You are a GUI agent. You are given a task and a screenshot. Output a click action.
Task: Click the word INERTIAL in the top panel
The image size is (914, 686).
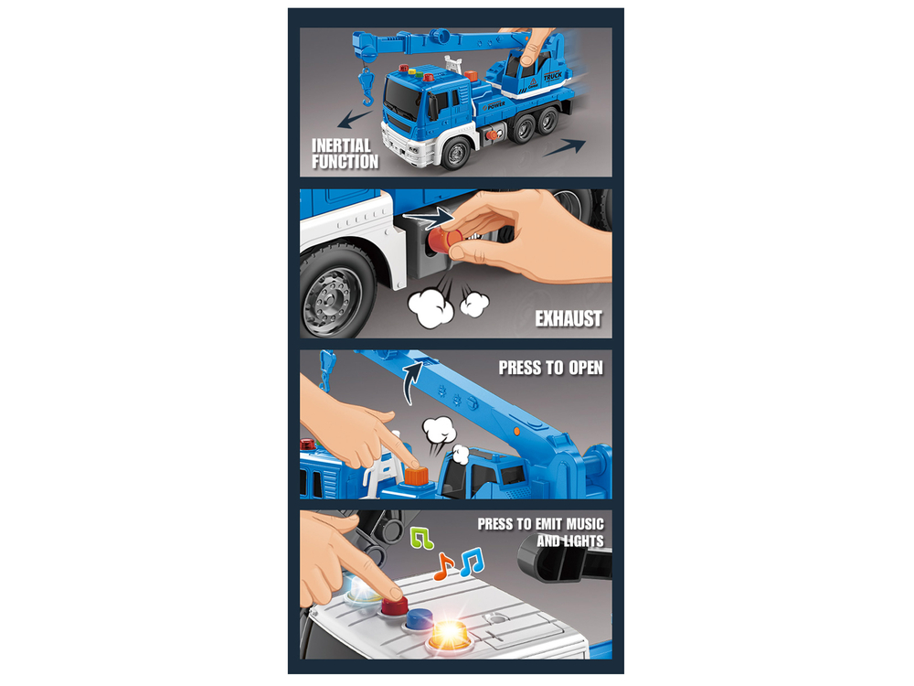[x=341, y=145]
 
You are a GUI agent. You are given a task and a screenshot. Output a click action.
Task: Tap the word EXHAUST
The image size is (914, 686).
[x=569, y=318]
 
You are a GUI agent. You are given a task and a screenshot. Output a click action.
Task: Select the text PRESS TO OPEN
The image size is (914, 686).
[x=551, y=368]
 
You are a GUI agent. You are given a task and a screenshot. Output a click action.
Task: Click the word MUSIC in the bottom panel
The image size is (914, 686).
[x=585, y=524]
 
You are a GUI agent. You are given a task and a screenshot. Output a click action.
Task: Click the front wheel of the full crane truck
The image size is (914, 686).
[x=456, y=153]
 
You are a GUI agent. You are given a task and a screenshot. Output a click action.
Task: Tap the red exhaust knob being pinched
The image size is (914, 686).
[x=445, y=239]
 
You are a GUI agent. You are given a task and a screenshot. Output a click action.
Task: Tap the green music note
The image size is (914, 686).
[x=421, y=538]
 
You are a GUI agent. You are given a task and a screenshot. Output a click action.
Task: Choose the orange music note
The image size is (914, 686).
[x=443, y=566]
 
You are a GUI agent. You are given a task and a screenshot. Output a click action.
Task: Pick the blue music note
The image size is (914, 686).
[x=472, y=562]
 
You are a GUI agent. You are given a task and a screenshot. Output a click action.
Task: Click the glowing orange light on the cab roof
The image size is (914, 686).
[x=451, y=635]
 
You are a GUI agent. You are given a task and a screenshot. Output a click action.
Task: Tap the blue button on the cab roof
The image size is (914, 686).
[x=419, y=619]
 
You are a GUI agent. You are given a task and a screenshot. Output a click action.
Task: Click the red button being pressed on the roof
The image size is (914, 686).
[x=395, y=605]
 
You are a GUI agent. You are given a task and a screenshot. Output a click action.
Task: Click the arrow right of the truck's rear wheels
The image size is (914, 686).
[x=564, y=147]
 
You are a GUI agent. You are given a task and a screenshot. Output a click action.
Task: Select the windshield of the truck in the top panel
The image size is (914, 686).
[x=401, y=98]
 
